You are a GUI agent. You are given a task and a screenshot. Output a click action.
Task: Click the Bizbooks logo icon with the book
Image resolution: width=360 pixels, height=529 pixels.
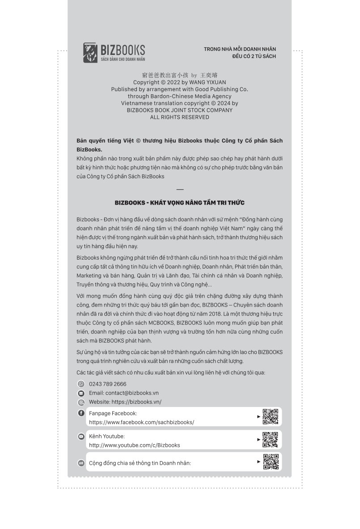[x=90, y=53]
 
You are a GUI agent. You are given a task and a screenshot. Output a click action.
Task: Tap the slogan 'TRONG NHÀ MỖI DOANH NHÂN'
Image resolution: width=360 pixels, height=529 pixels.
[x=240, y=49]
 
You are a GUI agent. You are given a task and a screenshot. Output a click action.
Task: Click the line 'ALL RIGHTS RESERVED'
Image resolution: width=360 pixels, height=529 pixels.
[x=179, y=117]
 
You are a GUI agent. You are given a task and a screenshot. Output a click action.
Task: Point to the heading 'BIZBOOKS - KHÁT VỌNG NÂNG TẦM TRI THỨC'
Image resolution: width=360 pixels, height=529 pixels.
[x=179, y=202]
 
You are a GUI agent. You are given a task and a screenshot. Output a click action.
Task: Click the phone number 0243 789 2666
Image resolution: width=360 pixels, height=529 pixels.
[x=108, y=384]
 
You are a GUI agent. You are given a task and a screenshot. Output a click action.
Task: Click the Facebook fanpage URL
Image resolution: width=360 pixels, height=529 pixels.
[x=141, y=422]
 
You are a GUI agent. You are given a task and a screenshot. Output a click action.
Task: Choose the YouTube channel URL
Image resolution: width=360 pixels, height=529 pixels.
[x=135, y=445]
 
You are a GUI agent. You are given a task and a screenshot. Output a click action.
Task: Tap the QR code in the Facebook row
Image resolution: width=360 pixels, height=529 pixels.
[x=270, y=417]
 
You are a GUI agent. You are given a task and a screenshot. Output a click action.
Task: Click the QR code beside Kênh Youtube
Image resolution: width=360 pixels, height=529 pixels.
[x=270, y=440]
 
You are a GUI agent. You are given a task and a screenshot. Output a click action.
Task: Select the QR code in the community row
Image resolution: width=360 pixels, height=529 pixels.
[x=270, y=462]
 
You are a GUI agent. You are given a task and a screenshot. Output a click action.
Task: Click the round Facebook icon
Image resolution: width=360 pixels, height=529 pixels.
[x=81, y=413]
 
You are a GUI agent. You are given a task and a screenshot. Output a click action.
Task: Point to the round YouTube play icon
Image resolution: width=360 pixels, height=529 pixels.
[x=81, y=437]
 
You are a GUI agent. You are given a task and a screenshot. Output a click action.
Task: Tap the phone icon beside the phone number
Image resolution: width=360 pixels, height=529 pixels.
[x=81, y=384]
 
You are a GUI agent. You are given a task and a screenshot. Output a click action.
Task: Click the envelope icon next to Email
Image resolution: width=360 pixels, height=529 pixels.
[x=81, y=393]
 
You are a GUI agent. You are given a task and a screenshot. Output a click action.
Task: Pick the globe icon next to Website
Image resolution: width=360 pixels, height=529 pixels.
[x=81, y=402]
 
